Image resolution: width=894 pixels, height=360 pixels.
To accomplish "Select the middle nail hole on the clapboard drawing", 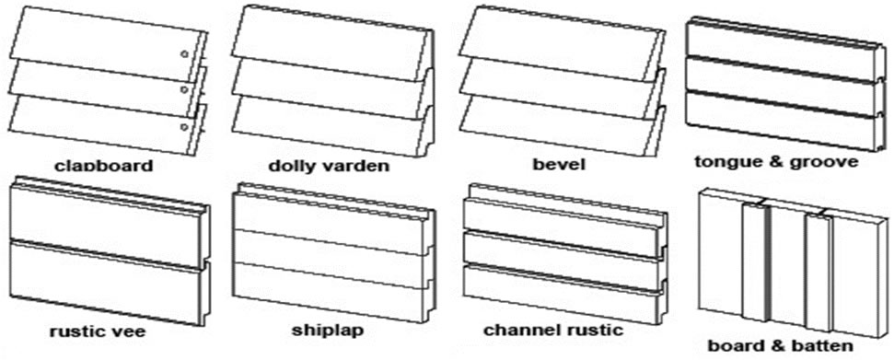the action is pos(184,89).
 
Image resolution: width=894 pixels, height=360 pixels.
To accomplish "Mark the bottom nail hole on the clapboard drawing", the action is pos(184,126).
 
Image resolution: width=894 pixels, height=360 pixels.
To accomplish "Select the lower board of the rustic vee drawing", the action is pos(106,281).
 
